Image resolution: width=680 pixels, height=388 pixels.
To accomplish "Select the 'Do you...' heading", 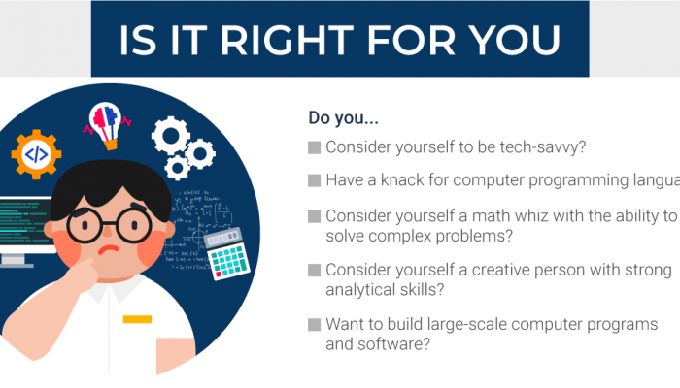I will [343, 118].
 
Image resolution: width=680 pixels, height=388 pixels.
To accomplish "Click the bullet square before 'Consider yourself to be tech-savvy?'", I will [314, 147].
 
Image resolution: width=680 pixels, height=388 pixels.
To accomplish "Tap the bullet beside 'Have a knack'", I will [314, 180].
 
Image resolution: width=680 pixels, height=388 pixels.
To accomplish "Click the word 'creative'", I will [507, 269].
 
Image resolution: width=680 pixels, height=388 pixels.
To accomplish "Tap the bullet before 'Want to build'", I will [314, 324].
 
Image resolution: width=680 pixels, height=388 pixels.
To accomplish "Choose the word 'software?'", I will [390, 343].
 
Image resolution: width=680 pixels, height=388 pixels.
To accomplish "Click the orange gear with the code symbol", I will [36, 153].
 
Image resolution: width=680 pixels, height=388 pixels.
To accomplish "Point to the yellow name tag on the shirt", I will [137, 319].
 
